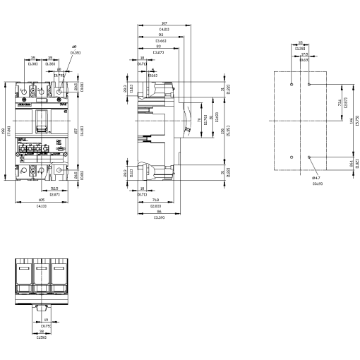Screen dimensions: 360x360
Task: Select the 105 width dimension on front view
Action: (41, 200)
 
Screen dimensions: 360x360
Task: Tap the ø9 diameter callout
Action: (75, 48)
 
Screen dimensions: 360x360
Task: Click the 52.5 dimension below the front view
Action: (54, 188)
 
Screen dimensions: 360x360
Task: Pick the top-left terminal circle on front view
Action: (24, 92)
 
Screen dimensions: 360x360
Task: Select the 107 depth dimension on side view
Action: (164, 23)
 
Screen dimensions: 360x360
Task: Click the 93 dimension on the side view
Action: (161, 34)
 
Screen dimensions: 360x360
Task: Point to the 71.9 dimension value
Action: (155, 200)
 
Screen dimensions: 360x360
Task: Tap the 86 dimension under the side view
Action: (159, 211)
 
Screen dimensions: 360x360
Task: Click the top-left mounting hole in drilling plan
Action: (292, 83)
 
